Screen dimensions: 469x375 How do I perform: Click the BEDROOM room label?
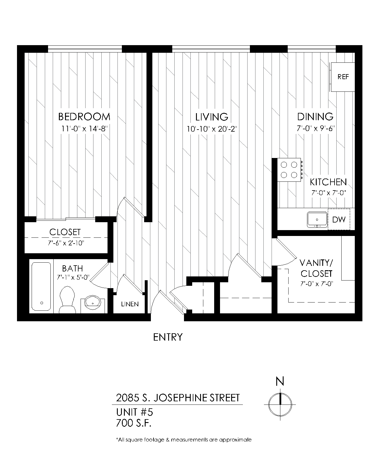point(84,117)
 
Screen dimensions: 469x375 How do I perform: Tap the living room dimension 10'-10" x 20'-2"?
point(212,129)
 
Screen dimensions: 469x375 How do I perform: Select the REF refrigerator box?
point(343,77)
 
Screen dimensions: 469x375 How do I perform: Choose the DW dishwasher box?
point(339,219)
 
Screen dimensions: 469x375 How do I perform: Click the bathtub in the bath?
point(41,286)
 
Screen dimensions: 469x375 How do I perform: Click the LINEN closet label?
point(130,304)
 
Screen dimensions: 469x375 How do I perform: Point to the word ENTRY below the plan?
point(168,337)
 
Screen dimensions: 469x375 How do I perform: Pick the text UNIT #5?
point(134,412)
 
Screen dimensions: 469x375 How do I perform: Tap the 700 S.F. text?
point(134,423)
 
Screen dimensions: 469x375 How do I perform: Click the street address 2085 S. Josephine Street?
point(178,398)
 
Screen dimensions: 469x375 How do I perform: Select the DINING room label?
point(315,117)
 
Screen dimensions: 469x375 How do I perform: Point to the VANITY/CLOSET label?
point(316,268)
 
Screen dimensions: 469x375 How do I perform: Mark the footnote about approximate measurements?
point(184,440)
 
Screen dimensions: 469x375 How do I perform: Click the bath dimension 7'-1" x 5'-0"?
point(73,277)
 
